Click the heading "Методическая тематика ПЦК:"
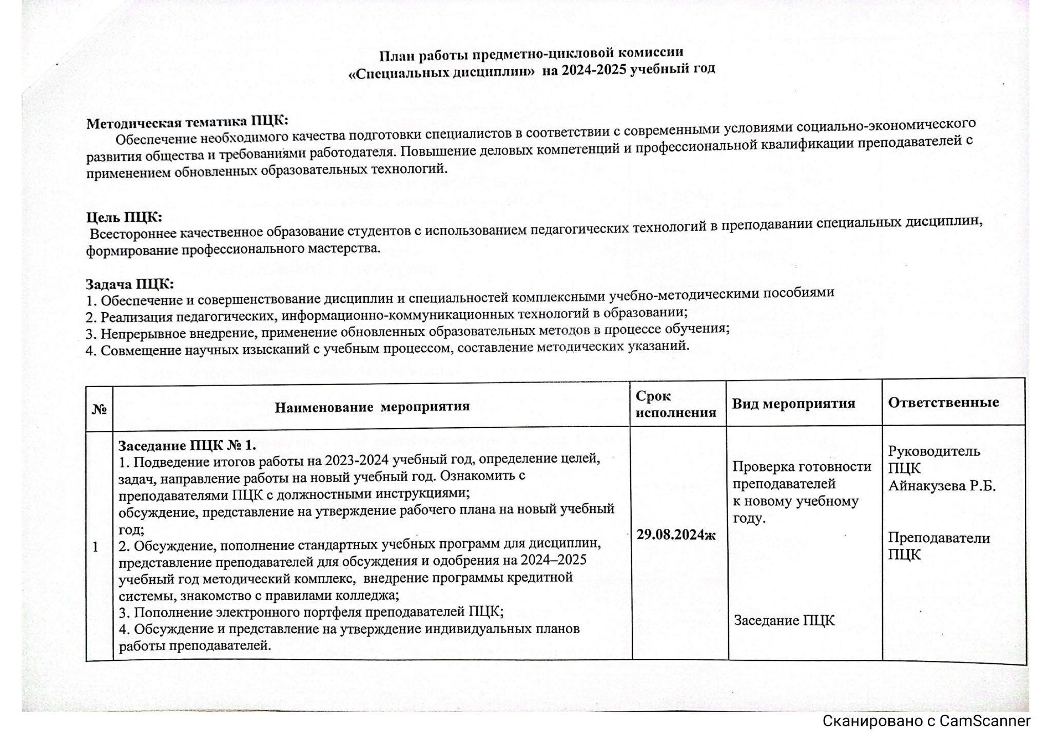[187, 122]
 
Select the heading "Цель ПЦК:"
[124, 217]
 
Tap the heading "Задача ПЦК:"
[129, 284]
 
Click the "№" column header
[99, 409]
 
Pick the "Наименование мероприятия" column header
[372, 407]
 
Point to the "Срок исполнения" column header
[675, 404]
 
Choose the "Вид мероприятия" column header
[793, 404]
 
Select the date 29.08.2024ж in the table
[676, 535]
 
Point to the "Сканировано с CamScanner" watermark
[926, 721]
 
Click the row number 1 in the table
[95, 547]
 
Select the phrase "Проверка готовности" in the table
[802, 467]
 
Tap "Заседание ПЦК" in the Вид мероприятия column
[784, 621]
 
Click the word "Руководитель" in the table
[934, 451]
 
